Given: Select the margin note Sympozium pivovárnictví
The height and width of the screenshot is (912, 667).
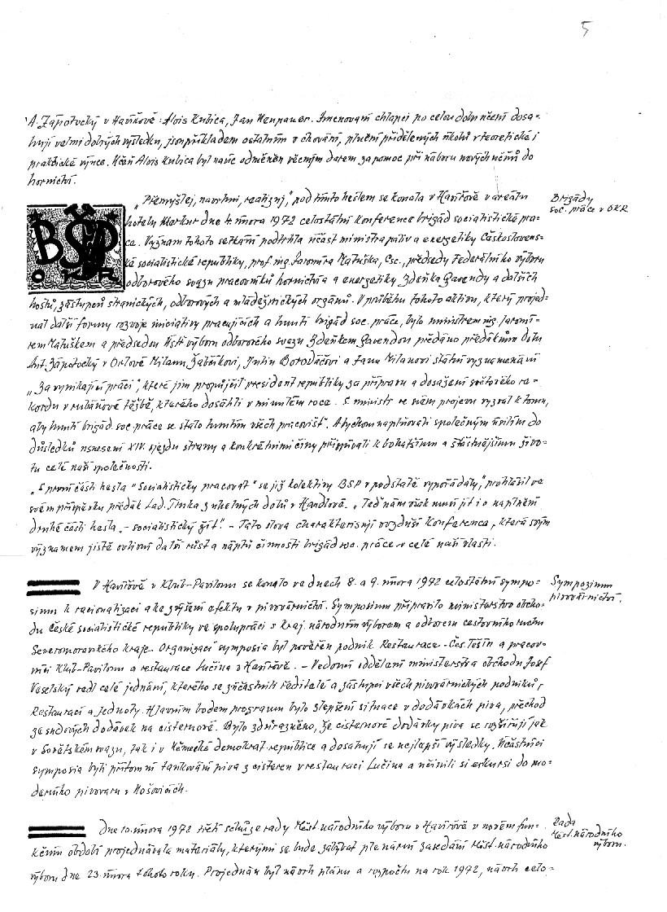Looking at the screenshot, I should click(x=583, y=592).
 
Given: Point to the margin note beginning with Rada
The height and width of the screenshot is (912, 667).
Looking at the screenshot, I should click(x=585, y=833).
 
